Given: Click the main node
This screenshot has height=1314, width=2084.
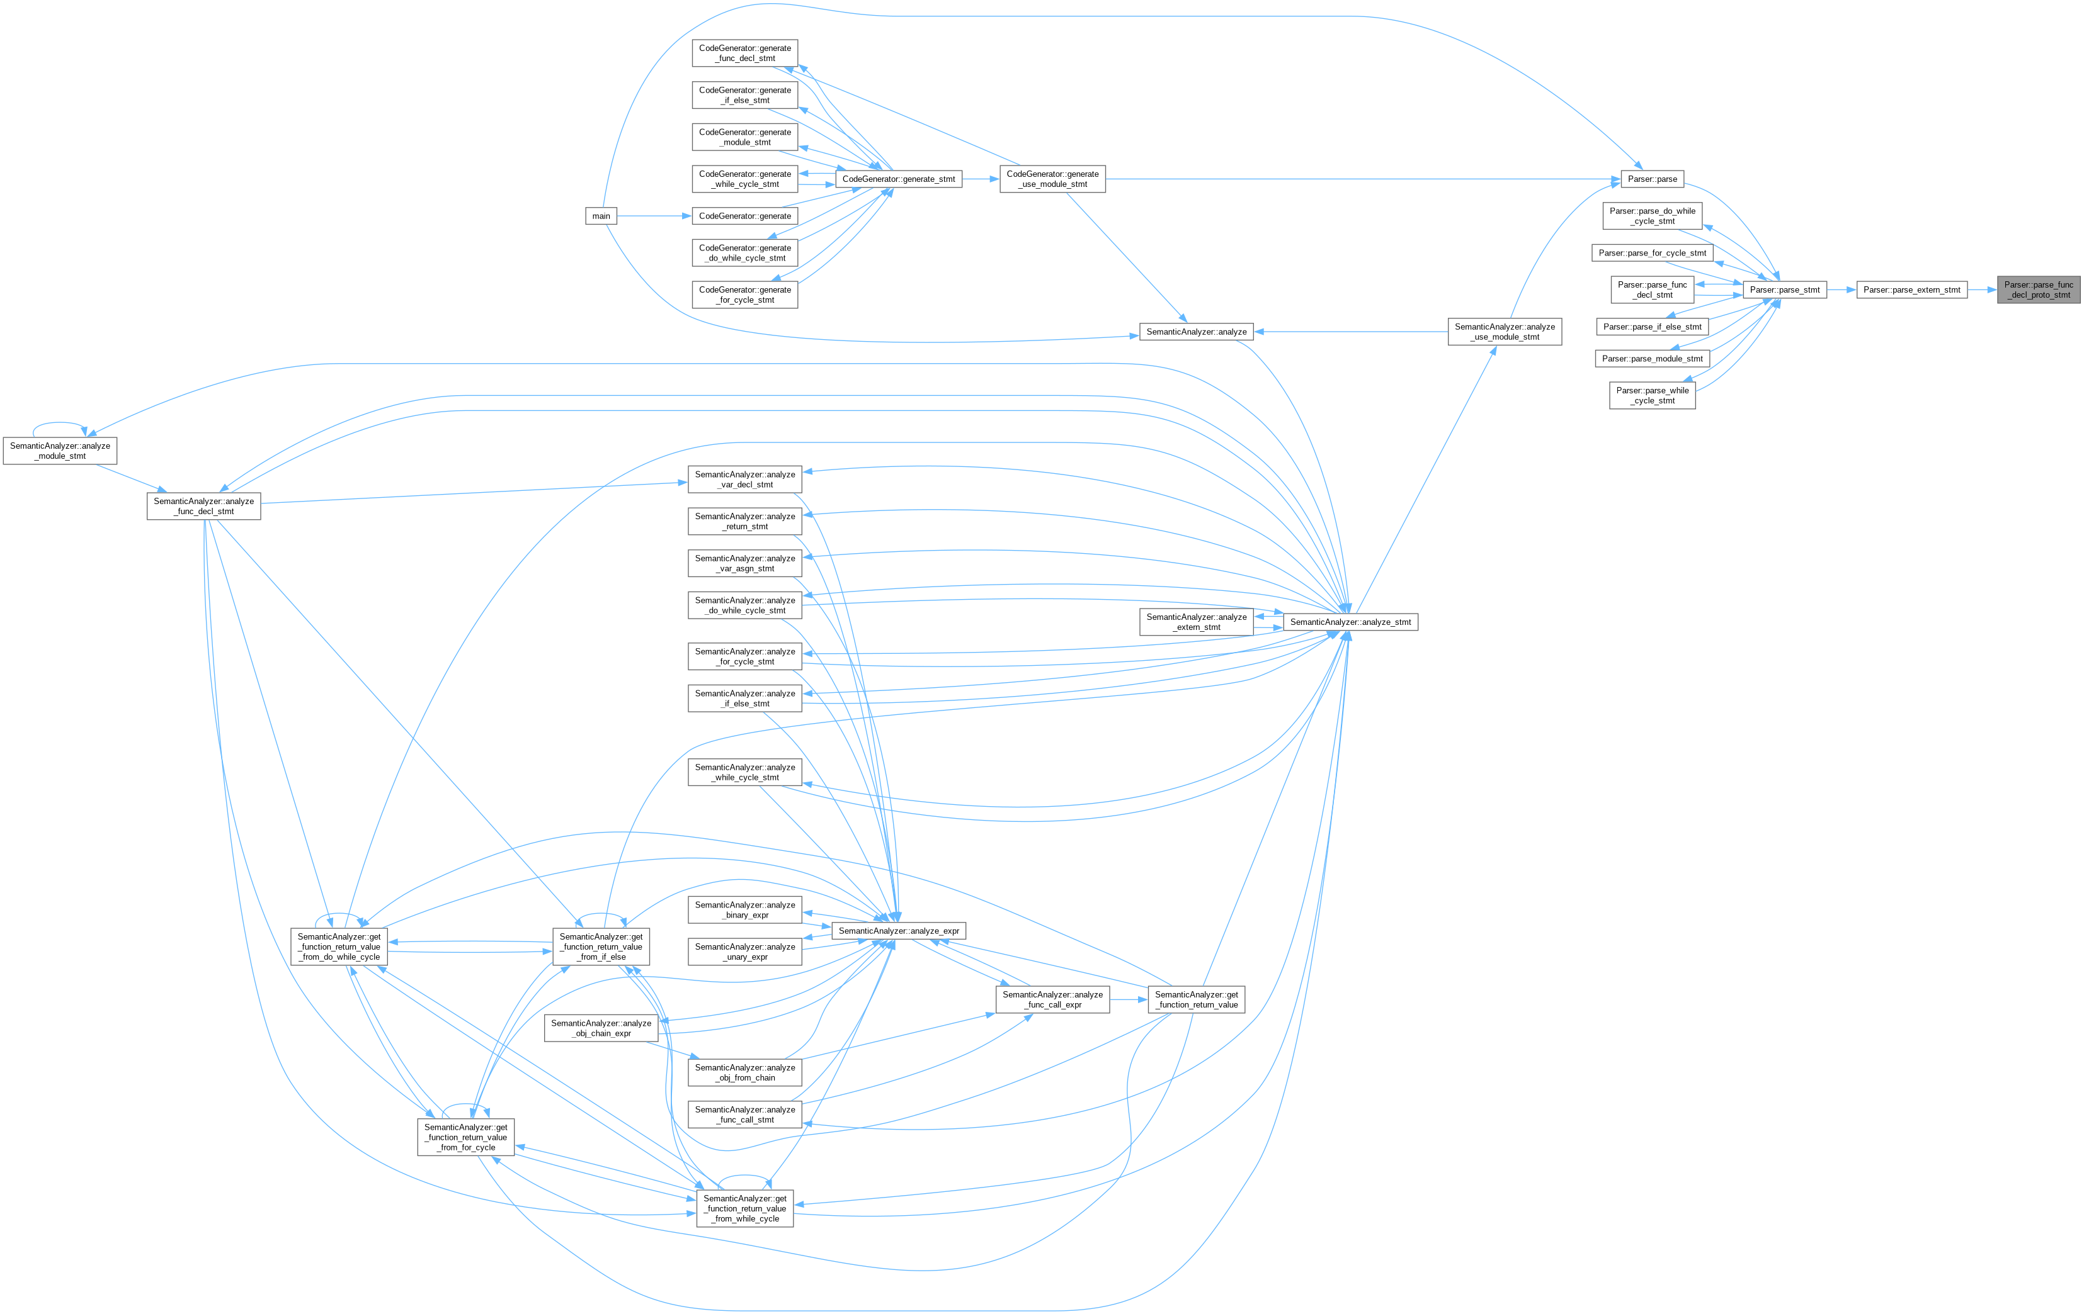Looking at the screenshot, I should [601, 216].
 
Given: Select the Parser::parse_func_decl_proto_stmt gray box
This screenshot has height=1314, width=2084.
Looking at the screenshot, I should [2038, 289].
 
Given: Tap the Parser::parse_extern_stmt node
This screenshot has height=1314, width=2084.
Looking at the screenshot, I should [1911, 289].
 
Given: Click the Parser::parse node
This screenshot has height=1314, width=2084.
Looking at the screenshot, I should [1652, 179].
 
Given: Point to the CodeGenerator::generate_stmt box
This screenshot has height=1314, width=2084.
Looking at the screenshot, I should [898, 179].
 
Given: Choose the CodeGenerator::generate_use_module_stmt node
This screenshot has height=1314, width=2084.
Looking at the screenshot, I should [1052, 179].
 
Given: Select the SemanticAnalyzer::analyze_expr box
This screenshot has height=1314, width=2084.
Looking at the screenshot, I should [898, 931].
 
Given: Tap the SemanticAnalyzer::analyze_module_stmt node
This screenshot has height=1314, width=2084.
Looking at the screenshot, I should [60, 451].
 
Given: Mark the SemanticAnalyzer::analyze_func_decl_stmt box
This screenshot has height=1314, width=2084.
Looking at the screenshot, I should [203, 506].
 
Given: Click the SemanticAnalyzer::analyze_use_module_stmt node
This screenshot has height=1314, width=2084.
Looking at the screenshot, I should [1504, 331].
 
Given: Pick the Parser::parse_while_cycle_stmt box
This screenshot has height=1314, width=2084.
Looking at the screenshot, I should [1651, 395].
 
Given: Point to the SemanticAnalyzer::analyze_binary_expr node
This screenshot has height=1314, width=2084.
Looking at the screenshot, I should [744, 910].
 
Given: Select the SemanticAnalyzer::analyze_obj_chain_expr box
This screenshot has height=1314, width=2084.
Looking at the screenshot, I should [601, 1028].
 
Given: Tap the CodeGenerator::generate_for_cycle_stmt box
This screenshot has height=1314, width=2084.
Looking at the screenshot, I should [744, 295].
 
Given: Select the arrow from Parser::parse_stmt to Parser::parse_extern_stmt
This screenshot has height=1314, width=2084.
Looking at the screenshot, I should [1842, 289].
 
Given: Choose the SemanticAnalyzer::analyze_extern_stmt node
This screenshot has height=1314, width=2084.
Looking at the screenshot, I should [1196, 622].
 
